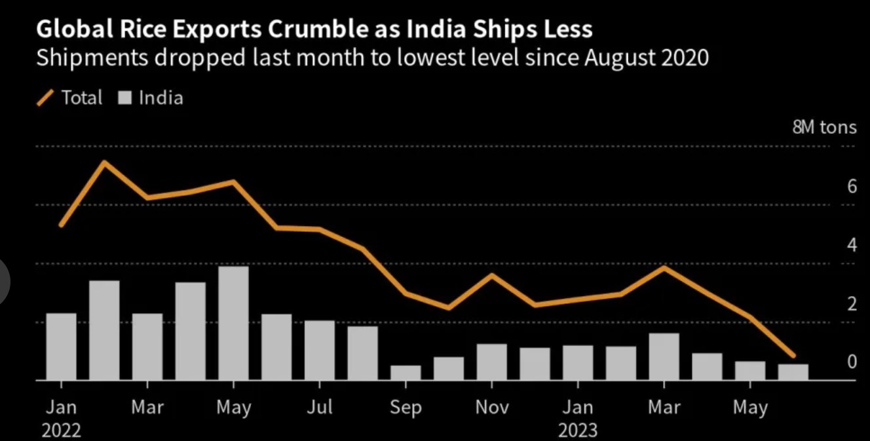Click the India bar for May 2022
point(233,323)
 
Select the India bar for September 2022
point(406,372)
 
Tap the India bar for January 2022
point(61,346)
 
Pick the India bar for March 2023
point(664,356)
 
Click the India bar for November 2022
point(492,362)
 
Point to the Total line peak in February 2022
point(104,162)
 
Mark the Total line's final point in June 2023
point(793,355)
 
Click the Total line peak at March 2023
point(664,267)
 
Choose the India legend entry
point(151,98)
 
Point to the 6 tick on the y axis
point(852,187)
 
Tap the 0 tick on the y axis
point(852,362)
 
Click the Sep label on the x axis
point(406,408)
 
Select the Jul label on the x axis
point(320,408)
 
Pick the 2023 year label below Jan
point(578,430)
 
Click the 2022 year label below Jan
point(61,430)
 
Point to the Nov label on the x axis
point(492,408)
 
